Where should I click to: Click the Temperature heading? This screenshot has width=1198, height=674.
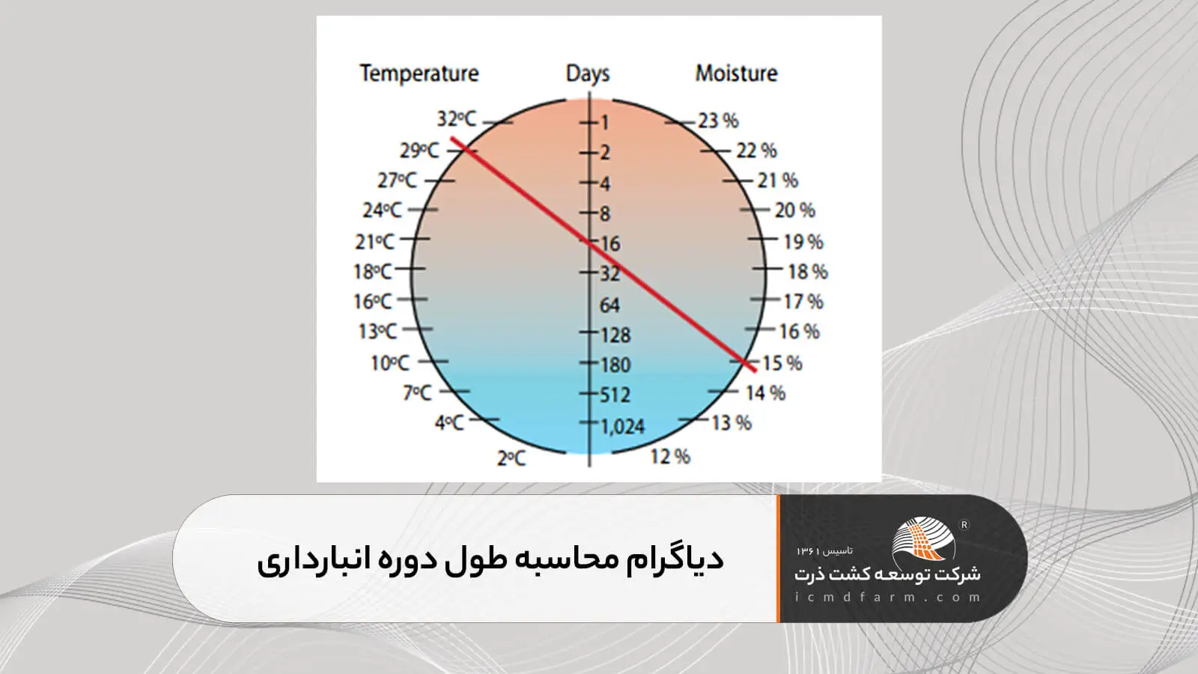coord(419,73)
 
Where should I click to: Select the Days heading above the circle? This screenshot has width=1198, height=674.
coord(588,74)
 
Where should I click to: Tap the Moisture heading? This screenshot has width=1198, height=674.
coord(737,73)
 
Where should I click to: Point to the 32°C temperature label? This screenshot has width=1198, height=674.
coord(456,119)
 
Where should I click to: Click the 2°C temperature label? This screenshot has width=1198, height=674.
coord(511,458)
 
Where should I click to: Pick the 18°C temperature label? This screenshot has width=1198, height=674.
coord(373,272)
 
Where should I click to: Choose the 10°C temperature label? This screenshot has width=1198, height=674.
coord(390,364)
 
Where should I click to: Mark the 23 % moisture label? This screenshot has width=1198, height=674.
coord(718,121)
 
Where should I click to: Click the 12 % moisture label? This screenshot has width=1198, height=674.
coord(670,457)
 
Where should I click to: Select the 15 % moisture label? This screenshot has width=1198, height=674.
coord(782,364)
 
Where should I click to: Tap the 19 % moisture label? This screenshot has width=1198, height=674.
coord(803,243)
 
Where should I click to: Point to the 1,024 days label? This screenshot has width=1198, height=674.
coord(622,426)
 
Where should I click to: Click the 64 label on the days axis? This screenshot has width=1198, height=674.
coord(609,306)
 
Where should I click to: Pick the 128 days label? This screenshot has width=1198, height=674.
coord(615,336)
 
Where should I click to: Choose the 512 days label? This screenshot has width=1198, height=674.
coord(615,395)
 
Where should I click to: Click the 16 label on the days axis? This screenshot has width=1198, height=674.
coord(610,244)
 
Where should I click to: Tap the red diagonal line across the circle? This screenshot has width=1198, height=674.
coord(603,254)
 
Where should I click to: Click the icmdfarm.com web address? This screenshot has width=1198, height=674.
coord(888,597)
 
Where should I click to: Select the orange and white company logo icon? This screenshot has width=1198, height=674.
coord(923,538)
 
